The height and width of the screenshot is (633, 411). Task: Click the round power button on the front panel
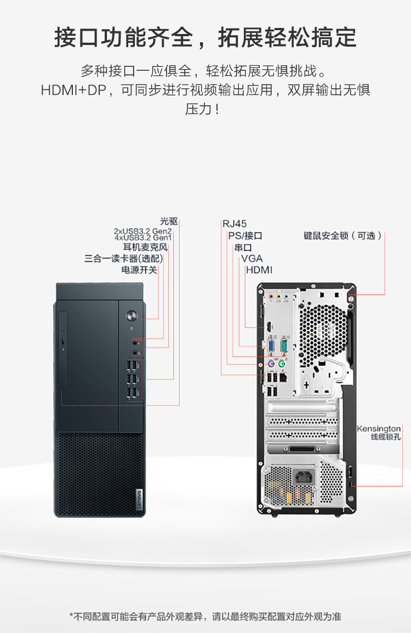click(x=132, y=316)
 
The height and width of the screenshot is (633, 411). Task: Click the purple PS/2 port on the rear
click(x=269, y=364)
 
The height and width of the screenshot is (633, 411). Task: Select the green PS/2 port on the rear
click(x=282, y=364)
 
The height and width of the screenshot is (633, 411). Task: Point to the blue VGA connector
click(x=271, y=346)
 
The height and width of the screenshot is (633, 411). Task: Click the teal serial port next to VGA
click(x=284, y=346)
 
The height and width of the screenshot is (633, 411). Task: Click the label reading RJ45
click(x=235, y=223)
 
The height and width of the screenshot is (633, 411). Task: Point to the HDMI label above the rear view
click(x=259, y=270)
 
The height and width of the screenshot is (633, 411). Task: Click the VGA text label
click(x=252, y=258)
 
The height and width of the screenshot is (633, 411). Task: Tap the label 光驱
click(x=169, y=221)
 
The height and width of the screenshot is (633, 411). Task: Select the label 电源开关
click(x=139, y=270)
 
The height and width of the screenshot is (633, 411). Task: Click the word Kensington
click(x=379, y=428)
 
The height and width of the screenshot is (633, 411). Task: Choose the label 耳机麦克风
click(x=145, y=247)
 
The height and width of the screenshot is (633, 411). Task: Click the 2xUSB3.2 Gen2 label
click(x=142, y=231)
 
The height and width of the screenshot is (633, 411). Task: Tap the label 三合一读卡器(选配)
click(x=123, y=258)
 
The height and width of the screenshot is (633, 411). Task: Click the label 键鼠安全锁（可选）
click(x=342, y=235)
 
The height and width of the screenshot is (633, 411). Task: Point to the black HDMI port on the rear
click(x=269, y=327)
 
